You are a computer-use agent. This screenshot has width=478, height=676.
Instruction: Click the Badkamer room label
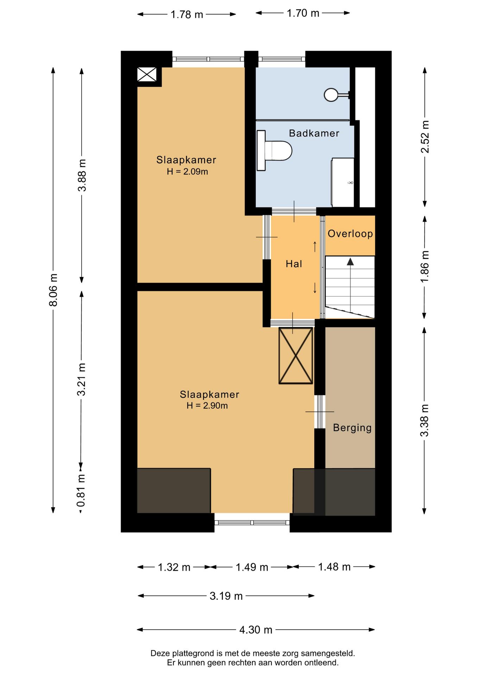(314, 133)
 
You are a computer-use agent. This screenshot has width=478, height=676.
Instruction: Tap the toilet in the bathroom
(274, 151)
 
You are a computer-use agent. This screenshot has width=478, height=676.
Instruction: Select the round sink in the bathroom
(332, 94)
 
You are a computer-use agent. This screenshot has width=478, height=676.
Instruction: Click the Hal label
(294, 264)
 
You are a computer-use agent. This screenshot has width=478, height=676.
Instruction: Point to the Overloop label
(350, 233)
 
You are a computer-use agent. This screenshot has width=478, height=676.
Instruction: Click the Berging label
(352, 428)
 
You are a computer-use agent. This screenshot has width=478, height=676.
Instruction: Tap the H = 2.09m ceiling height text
(187, 171)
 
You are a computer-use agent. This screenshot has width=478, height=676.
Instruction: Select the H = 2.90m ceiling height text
(207, 406)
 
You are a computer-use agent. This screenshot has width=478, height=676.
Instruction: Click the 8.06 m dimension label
(53, 290)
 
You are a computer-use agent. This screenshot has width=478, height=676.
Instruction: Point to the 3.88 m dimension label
(82, 175)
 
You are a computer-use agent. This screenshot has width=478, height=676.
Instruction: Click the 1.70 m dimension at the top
(303, 13)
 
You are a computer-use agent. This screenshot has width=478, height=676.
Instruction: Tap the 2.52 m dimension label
(425, 137)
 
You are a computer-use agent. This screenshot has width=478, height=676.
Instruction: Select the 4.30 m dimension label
(256, 630)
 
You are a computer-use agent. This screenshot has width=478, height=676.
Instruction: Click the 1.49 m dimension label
(252, 567)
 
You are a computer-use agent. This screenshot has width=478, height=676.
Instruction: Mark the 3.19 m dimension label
(226, 596)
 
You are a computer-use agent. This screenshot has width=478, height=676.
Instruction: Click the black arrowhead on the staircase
(350, 262)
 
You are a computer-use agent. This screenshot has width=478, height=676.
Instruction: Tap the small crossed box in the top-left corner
(147, 74)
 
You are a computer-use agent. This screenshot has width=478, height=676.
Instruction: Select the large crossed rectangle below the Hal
(296, 356)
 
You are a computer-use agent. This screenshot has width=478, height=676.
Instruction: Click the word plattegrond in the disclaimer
(193, 653)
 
